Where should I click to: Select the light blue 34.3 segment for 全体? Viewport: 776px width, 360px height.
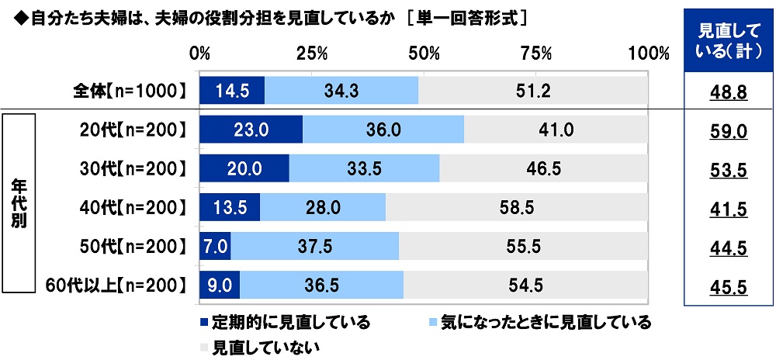pyautogui.click(x=341, y=91)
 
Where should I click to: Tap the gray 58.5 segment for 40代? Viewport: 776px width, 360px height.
pyautogui.click(x=516, y=207)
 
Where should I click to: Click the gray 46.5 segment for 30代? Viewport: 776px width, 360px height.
pyautogui.click(x=543, y=168)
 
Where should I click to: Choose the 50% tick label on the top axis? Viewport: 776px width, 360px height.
pyautogui.click(x=424, y=54)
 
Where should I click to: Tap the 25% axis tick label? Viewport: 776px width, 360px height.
pyautogui.click(x=312, y=54)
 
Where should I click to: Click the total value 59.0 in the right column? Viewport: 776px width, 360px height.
pyautogui.click(x=729, y=131)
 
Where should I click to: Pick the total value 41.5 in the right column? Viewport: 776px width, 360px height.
pyautogui.click(x=729, y=209)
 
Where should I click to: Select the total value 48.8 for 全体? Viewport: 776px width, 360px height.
pyautogui.click(x=729, y=92)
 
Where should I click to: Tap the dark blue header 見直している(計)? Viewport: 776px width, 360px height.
pyautogui.click(x=729, y=40)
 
